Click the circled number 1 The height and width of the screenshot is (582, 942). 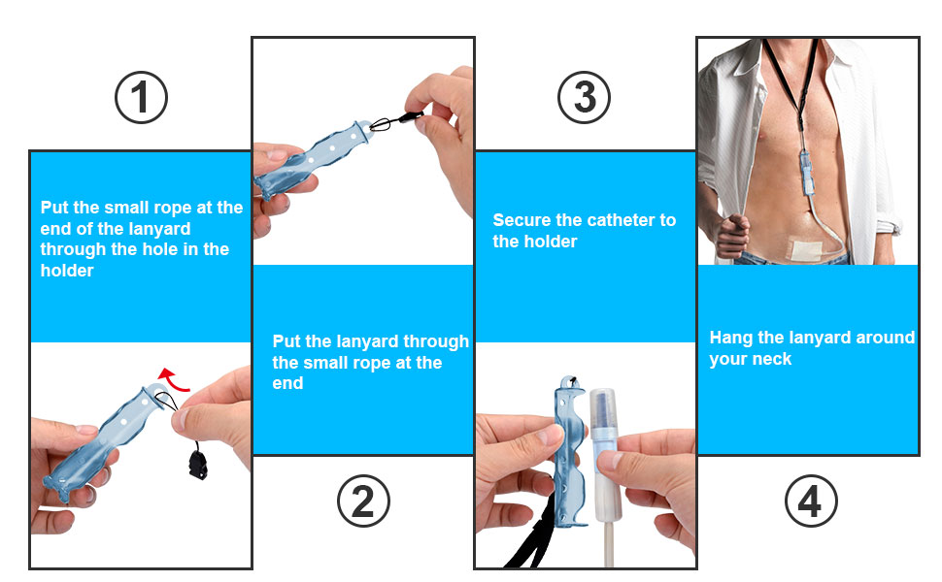tap(141, 97)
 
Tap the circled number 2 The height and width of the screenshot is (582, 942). tap(363, 502)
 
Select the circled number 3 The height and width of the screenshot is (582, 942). tap(585, 97)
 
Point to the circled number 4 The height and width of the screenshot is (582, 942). tap(810, 502)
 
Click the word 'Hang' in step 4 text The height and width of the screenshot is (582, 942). tap(730, 338)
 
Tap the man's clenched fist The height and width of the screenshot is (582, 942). tap(730, 233)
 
